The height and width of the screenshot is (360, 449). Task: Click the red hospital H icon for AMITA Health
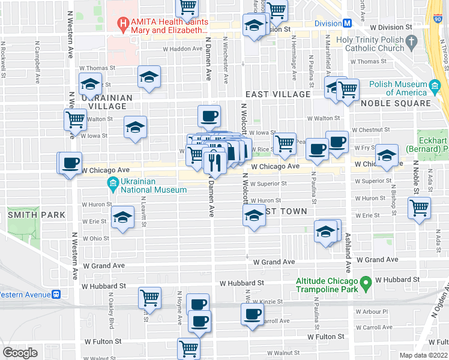coord(124,25)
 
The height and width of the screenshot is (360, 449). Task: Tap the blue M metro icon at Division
coord(346,23)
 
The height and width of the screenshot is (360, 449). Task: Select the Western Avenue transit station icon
coord(57,294)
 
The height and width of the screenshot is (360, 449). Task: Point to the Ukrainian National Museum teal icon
coord(112,183)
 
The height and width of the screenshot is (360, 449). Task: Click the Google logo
coord(20,353)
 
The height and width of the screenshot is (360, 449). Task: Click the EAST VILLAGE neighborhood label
coord(278,94)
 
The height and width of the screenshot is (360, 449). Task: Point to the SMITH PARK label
coord(35,214)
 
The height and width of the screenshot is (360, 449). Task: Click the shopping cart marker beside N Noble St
coord(419,208)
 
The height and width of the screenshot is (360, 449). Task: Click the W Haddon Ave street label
coord(182,49)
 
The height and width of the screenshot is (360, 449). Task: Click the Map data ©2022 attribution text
coord(423,355)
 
